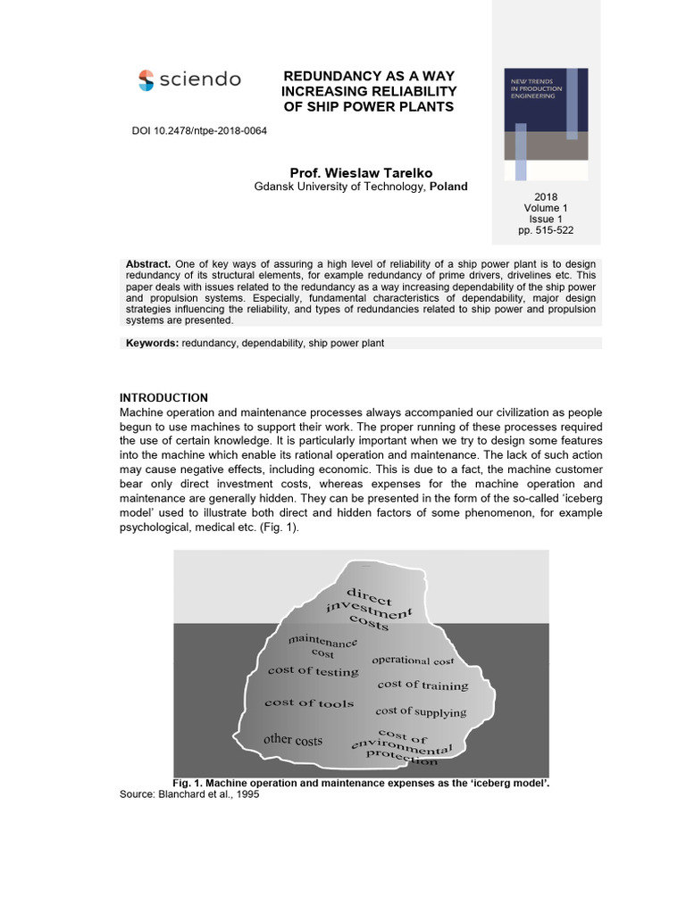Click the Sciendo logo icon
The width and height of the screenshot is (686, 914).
[146, 80]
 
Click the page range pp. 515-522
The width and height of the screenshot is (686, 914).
[546, 230]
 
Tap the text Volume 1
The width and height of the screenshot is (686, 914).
[546, 208]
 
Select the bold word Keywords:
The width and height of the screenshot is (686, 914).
[153, 344]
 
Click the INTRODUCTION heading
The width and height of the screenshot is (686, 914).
[163, 398]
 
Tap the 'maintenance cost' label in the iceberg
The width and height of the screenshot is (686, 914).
[322, 647]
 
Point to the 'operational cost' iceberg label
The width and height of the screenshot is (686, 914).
[413, 661]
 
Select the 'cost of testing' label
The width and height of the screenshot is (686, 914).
[313, 671]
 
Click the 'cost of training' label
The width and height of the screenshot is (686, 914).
[422, 685]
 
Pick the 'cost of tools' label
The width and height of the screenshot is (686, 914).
[308, 703]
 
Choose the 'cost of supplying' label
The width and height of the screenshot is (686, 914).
[421, 712]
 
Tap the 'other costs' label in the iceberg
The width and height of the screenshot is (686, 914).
[293, 740]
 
